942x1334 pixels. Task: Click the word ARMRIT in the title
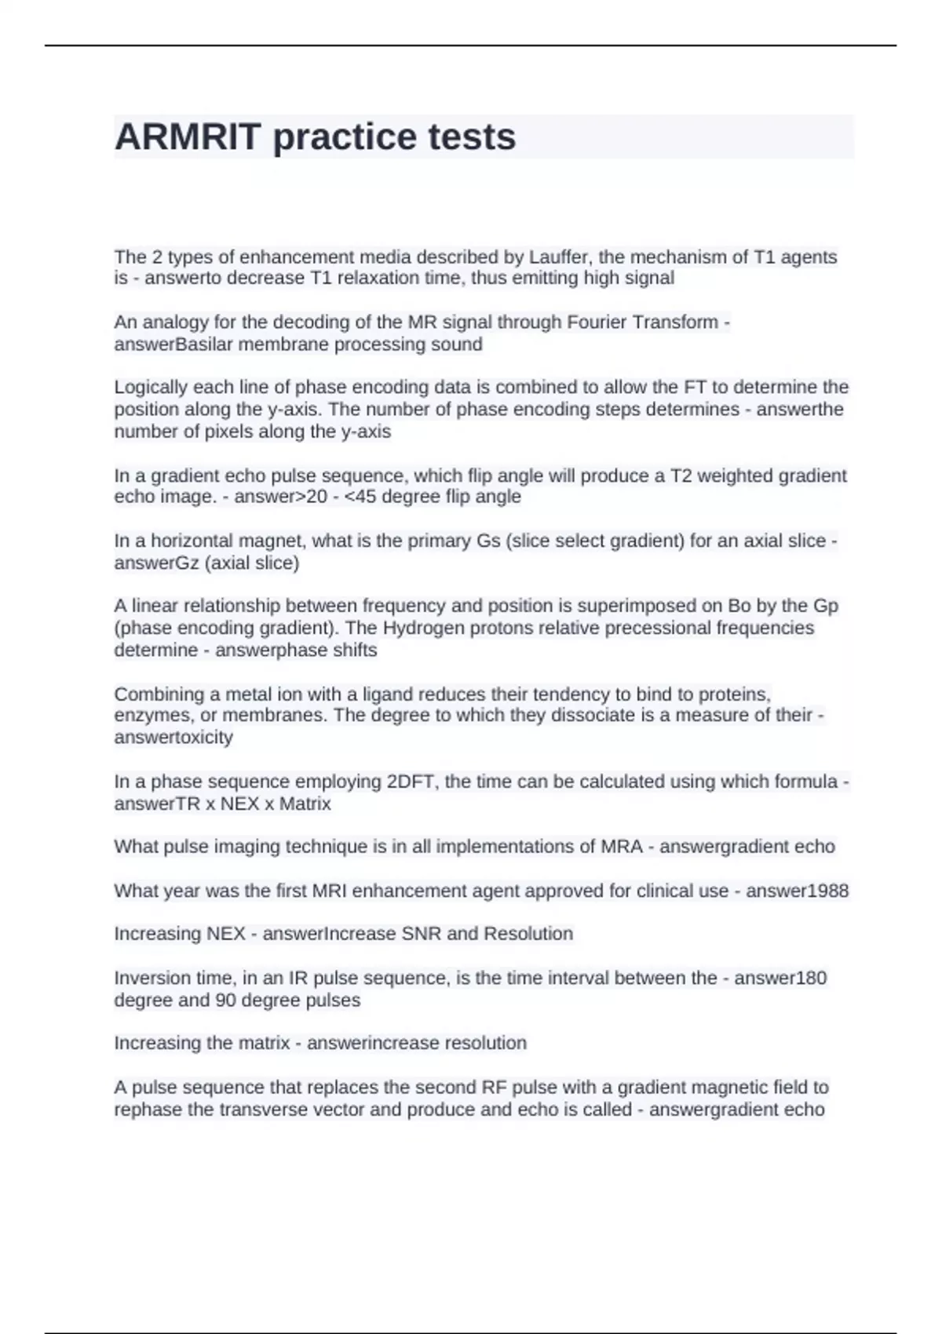[188, 137]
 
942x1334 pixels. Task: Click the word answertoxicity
[173, 738]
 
